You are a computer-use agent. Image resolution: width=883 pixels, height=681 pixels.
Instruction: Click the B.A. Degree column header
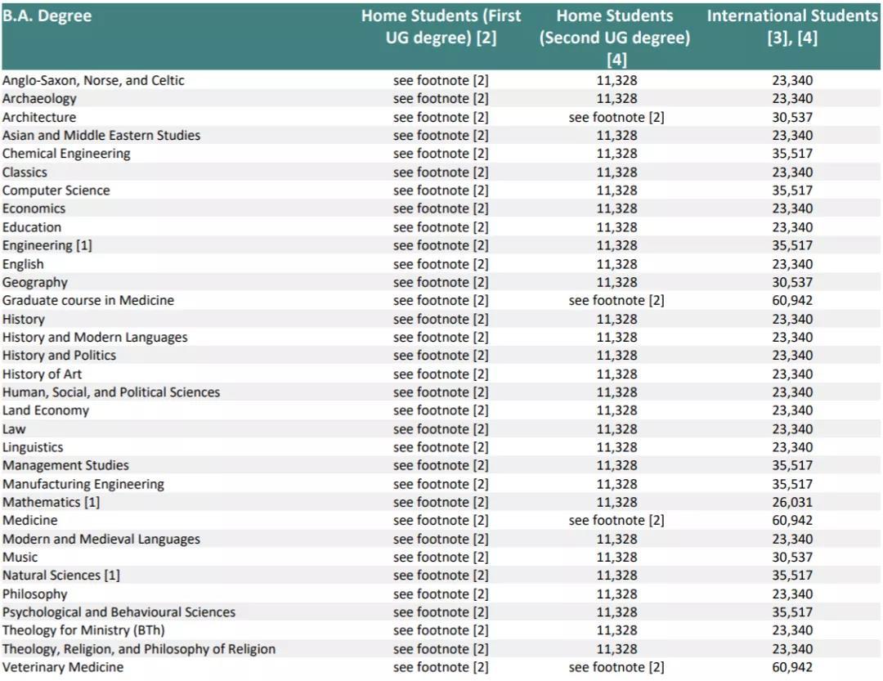pos(47,16)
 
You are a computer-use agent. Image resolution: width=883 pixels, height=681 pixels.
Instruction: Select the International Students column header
pos(791,27)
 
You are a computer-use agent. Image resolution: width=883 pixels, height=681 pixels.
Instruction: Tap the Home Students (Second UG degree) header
pos(615,38)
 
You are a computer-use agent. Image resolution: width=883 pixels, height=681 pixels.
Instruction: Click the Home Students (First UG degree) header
pos(441,27)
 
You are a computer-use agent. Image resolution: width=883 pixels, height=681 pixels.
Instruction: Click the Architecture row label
pos(39,117)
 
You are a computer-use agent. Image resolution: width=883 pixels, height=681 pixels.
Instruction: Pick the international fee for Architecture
pos(791,117)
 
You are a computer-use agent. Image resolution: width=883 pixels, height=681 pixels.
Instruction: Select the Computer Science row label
pos(56,190)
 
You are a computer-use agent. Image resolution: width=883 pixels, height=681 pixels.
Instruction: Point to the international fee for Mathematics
pos(791,502)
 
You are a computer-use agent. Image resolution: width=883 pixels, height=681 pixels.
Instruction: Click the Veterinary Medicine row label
pos(63,667)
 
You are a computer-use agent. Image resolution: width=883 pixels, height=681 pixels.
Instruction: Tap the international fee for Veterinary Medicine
pos(791,667)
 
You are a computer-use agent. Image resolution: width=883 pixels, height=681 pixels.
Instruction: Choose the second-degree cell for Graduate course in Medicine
pos(616,300)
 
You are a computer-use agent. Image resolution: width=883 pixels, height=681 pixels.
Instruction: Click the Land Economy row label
pos(46,410)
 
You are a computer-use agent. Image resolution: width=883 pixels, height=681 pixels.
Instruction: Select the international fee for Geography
pos(791,282)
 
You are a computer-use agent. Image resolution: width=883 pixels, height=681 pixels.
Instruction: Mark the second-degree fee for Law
pos(616,429)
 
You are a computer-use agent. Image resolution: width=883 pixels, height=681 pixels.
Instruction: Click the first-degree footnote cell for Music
pos(441,557)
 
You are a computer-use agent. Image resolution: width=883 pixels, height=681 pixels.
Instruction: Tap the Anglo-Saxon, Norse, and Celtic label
pos(93,80)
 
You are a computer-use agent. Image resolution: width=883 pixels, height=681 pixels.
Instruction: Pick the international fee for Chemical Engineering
pos(791,154)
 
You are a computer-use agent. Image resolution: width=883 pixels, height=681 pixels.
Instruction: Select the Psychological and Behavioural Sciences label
pos(119,612)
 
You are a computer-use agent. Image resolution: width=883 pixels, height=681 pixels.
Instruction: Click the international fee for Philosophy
pos(791,594)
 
